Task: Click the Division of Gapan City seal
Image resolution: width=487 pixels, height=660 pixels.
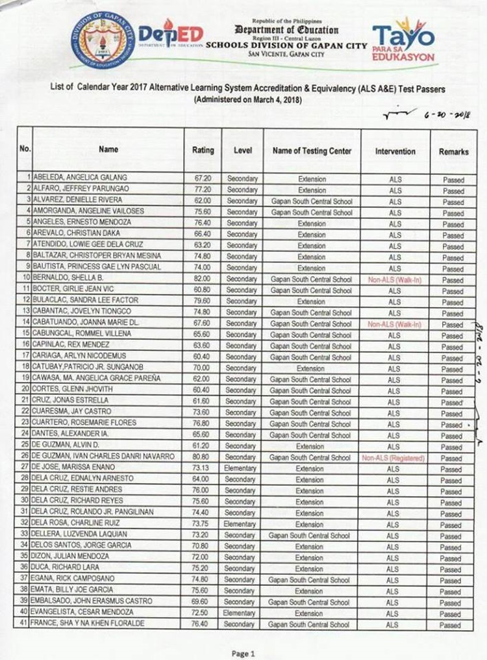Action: click(x=99, y=40)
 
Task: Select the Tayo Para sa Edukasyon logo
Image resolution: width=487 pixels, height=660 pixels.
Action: click(x=403, y=40)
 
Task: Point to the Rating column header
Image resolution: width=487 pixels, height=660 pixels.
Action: click(x=203, y=151)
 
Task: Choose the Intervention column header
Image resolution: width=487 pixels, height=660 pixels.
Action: click(x=395, y=151)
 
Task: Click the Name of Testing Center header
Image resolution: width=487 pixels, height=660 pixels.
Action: click(x=312, y=151)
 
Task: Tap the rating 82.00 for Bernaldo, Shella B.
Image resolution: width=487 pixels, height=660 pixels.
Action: click(x=202, y=280)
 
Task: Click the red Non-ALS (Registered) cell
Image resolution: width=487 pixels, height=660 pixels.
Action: click(x=393, y=458)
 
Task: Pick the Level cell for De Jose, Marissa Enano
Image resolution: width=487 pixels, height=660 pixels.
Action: click(x=240, y=468)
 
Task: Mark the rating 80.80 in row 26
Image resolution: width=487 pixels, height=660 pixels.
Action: click(x=202, y=457)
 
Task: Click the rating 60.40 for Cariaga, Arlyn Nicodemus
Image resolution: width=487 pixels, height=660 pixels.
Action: click(x=202, y=357)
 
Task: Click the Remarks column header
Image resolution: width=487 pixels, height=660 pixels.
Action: click(x=453, y=151)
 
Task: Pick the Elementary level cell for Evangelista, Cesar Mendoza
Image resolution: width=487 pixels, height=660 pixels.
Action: click(x=240, y=613)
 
